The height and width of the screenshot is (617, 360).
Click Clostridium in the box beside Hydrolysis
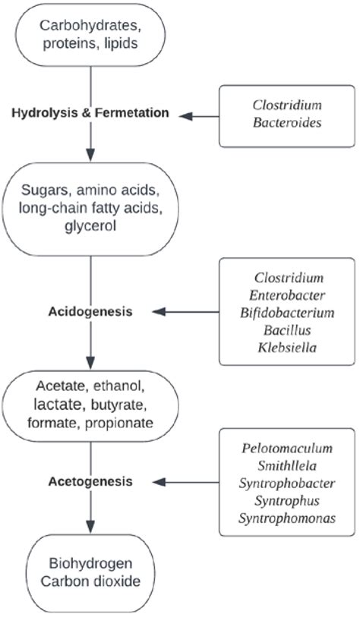(286, 105)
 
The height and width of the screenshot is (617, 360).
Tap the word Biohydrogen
(90, 565)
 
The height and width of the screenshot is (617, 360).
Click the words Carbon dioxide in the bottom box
(90, 583)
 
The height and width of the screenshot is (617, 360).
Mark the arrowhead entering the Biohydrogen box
(91, 529)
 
